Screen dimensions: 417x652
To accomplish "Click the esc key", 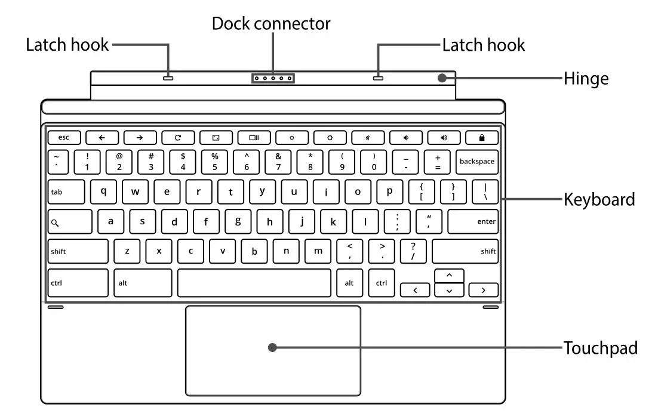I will pos(63,137).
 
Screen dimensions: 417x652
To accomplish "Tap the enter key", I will pos(472,221).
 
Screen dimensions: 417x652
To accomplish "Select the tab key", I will pos(67,192).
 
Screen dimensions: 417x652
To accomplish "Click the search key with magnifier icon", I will pos(70,222).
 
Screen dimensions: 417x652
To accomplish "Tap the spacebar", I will pos(254,283).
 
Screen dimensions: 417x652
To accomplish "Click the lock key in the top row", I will pos(481,137).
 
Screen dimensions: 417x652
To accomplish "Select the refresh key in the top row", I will pos(177,137).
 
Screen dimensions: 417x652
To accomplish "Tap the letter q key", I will pos(103,191).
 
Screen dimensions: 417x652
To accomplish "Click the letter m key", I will pos(318,251).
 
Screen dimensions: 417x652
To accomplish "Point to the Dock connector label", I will pos(271,24).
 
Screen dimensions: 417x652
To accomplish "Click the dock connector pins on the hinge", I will pos(273,78).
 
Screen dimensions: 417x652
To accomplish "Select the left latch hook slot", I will pos(168,78).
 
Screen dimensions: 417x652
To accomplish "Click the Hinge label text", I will pos(586,79).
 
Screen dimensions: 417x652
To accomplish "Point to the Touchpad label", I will pos(600,348).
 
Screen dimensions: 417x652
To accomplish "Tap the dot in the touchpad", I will pos(272,347).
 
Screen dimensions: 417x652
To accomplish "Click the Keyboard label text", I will pos(599,199).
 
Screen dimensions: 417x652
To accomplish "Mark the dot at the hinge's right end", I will pos(441,78).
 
